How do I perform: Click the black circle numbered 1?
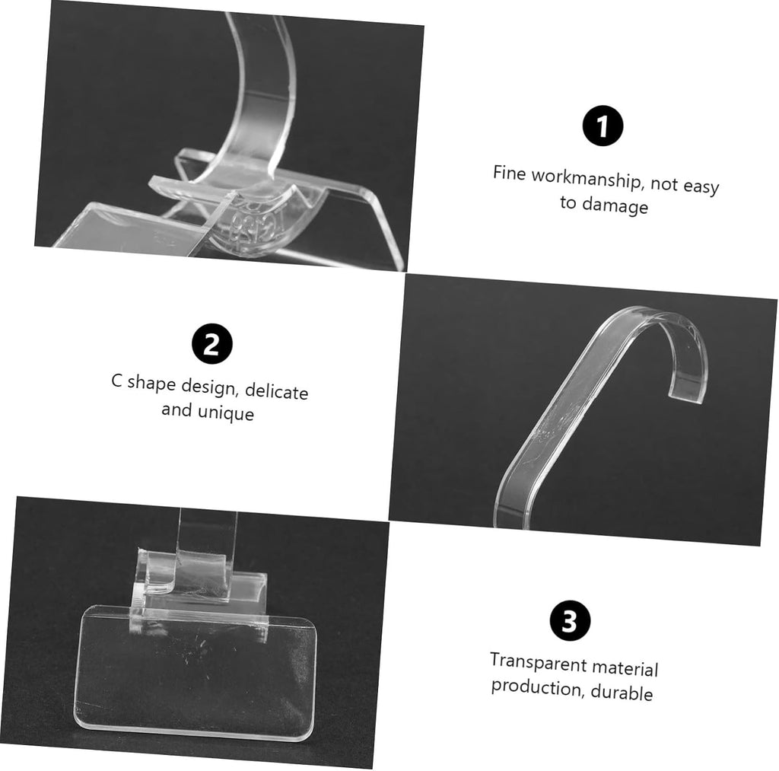(x=603, y=126)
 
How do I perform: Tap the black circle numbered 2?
(x=212, y=344)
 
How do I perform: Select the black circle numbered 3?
(x=570, y=621)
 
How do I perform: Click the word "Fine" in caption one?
(x=509, y=174)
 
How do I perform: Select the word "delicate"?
(x=276, y=390)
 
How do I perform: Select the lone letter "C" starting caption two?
(x=116, y=381)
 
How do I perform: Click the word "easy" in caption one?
(x=701, y=187)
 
